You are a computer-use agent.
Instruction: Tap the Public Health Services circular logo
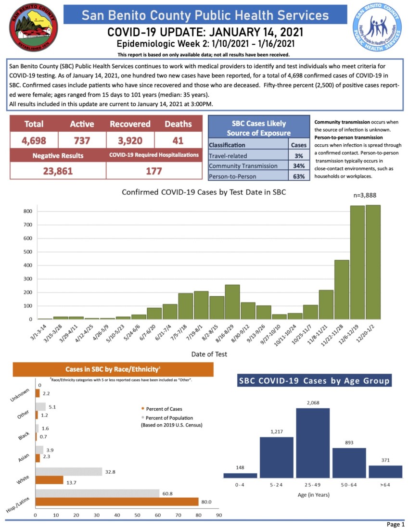[x=378, y=29]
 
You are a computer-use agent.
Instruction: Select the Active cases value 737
[x=82, y=140]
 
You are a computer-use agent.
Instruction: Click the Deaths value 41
[x=178, y=140]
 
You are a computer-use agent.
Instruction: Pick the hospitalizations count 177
[x=154, y=171]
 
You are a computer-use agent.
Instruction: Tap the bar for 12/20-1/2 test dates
[x=373, y=262]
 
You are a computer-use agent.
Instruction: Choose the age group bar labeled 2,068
[x=313, y=443]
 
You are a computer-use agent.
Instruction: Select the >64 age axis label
[x=385, y=484]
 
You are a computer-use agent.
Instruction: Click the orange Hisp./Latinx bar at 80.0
[x=117, y=502]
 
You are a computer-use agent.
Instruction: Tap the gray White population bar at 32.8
[x=69, y=471]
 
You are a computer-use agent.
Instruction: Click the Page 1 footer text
[x=396, y=524]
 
